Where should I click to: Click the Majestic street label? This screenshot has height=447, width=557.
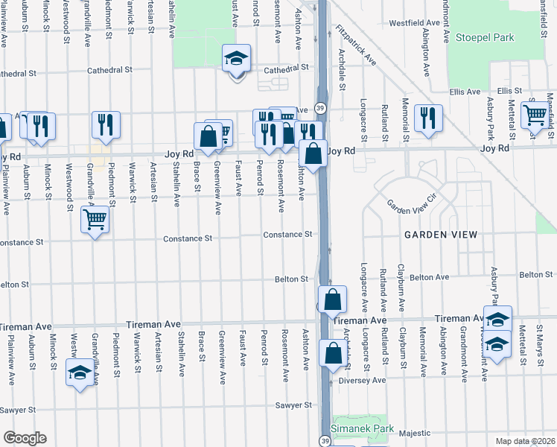[x=415, y=433]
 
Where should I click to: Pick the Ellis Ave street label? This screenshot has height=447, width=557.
[x=465, y=92]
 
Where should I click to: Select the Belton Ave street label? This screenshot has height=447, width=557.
[x=432, y=277]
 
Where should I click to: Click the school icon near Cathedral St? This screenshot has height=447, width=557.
[x=236, y=58]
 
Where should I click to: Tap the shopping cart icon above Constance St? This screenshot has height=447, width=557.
[x=95, y=220]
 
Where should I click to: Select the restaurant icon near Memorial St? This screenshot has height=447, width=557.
[x=428, y=117]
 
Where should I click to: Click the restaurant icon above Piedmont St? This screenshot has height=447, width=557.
[x=106, y=123]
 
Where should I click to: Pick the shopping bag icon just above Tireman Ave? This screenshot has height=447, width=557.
[x=333, y=299]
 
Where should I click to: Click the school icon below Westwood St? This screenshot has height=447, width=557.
[x=78, y=372]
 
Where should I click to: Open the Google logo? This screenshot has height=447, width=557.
[x=25, y=438]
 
